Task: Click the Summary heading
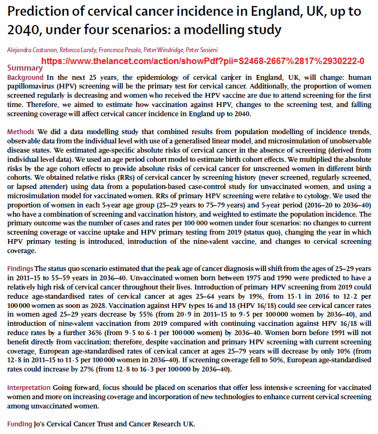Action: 24,68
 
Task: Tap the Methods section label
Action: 21,132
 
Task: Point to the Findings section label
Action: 20,269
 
